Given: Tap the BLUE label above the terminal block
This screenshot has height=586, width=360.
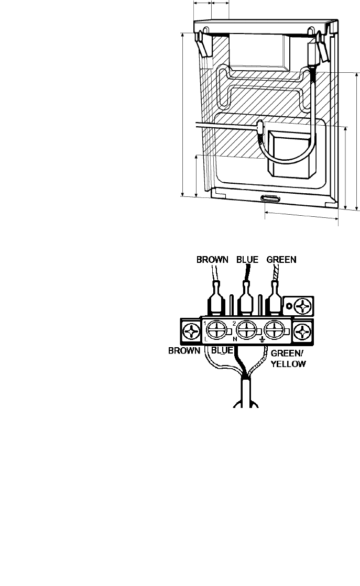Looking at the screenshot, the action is [x=248, y=259].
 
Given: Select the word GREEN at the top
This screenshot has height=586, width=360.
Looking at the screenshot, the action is [x=281, y=259].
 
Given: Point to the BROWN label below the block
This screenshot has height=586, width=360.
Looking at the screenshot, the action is [x=184, y=351].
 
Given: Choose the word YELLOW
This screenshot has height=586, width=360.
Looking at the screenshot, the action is [x=288, y=363].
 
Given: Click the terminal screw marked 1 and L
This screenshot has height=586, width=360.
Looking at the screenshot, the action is [x=216, y=331].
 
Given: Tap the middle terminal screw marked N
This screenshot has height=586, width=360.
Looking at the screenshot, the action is [x=245, y=331].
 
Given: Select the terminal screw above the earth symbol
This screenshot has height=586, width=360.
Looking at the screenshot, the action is [x=275, y=331].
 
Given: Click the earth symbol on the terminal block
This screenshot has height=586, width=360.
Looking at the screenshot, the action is [x=262, y=341].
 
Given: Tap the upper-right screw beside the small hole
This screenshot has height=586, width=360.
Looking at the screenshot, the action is [x=303, y=304].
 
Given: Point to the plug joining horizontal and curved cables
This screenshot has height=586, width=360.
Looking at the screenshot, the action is [x=259, y=127].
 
